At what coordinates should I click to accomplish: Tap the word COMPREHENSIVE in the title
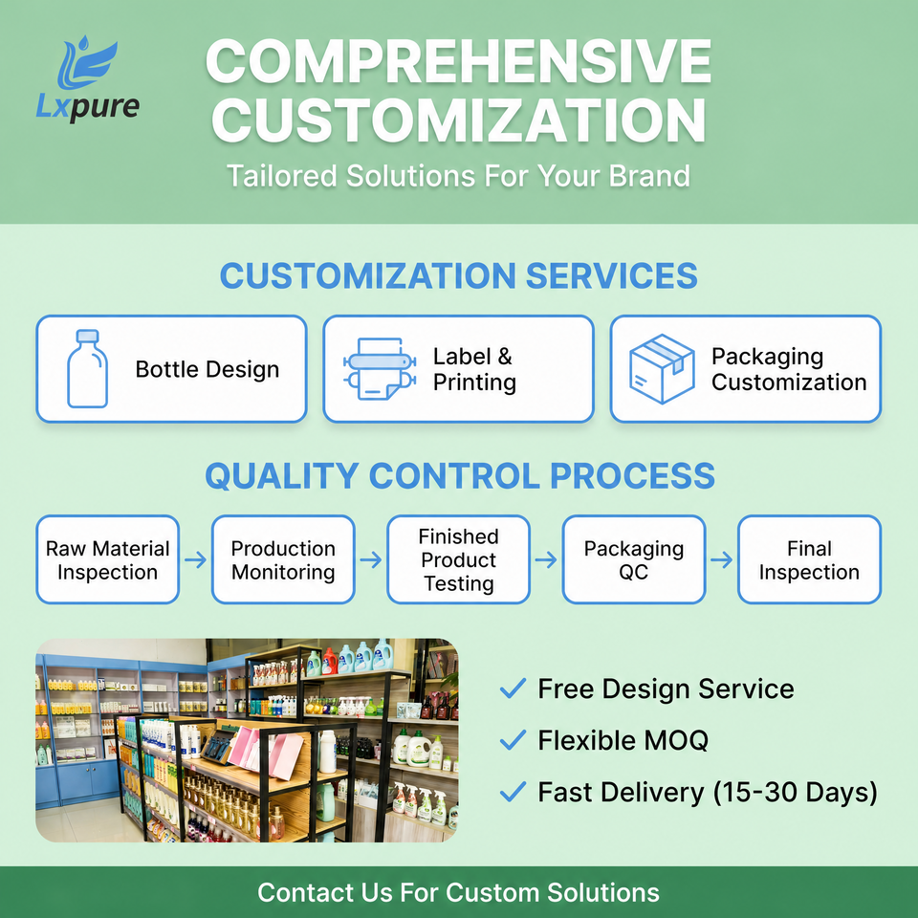tap(458, 61)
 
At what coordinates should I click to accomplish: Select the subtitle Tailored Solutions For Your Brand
tap(458, 176)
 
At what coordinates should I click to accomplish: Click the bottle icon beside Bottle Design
tap(87, 368)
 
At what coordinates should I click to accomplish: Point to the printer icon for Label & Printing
tap(380, 369)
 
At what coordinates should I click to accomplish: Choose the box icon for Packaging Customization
tap(662, 369)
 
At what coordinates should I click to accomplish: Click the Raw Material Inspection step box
tap(108, 559)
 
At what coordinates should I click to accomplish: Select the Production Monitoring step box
tap(283, 559)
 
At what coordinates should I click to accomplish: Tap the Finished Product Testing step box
tap(458, 559)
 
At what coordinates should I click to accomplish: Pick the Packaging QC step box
tap(634, 559)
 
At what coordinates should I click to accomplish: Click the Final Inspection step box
tap(810, 559)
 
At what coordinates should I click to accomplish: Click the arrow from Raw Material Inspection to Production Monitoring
tap(195, 559)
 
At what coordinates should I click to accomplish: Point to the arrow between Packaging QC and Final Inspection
tap(722, 559)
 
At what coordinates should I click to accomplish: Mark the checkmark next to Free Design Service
tap(513, 688)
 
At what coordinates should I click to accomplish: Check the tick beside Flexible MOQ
tap(513, 740)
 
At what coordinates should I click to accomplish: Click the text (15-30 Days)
tap(795, 793)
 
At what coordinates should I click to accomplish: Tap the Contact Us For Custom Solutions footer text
tap(458, 893)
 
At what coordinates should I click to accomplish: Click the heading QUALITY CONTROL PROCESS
tap(460, 475)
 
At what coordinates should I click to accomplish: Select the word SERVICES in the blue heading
tap(611, 275)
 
